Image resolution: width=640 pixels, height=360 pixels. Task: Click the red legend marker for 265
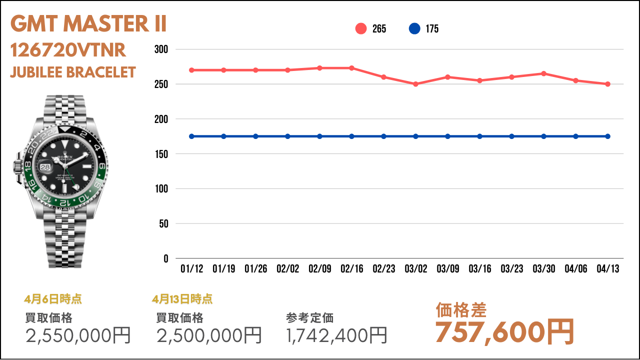(361, 28)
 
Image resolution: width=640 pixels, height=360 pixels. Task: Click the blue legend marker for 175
(414, 28)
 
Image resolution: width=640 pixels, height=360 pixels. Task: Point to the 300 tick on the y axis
(161, 49)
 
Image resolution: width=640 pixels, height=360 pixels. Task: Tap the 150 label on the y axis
(161, 154)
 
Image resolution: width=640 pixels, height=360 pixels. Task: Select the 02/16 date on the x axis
(351, 268)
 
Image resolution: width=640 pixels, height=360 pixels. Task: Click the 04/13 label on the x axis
(607, 268)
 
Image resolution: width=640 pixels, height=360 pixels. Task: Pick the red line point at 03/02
(415, 84)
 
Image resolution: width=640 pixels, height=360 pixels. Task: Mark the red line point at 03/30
(543, 73)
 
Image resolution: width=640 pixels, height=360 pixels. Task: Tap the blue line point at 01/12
(191, 136)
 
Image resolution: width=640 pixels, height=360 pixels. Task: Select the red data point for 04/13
(607, 84)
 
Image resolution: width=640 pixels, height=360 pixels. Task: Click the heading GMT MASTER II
(88, 23)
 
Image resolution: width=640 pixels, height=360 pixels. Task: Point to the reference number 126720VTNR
(68, 50)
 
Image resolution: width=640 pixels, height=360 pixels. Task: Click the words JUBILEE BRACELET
(73, 72)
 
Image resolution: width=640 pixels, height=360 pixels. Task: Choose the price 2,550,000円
(78, 335)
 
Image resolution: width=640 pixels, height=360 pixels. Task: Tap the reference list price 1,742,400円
(336, 335)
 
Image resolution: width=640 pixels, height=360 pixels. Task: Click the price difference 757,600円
(504, 332)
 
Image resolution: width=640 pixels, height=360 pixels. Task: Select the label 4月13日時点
(182, 299)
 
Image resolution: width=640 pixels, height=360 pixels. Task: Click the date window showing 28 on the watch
(45, 167)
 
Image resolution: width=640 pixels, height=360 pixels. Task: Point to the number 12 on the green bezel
(65, 202)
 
